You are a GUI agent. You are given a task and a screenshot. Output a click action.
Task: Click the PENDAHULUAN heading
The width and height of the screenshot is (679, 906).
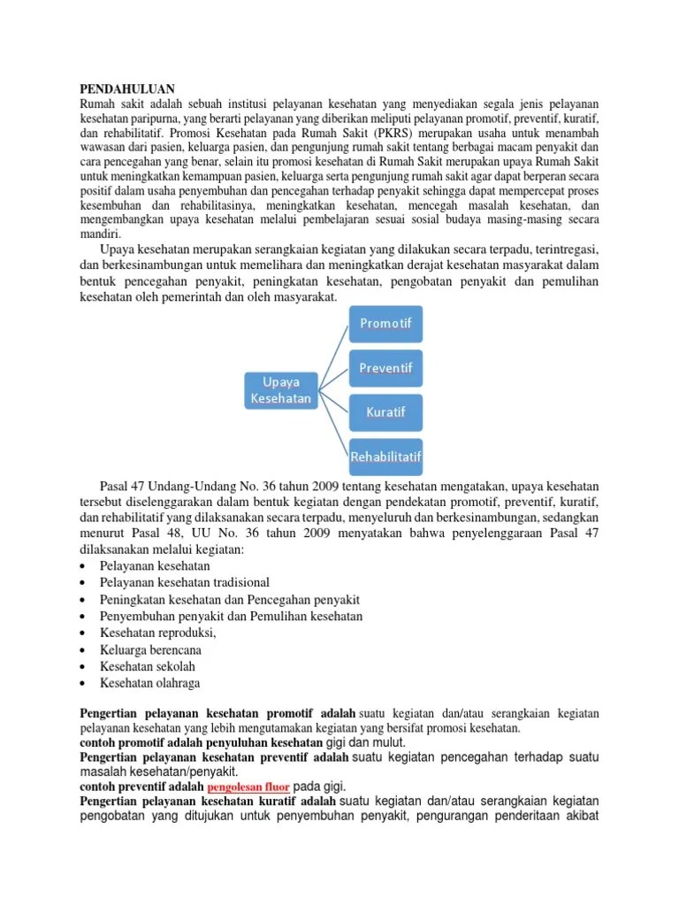(x=127, y=89)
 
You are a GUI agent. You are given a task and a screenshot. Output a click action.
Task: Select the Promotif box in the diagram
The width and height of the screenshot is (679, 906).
(x=385, y=323)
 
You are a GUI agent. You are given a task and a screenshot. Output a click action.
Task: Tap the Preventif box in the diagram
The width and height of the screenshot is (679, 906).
(x=385, y=367)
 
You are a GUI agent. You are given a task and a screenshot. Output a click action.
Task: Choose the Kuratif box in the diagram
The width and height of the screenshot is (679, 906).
(x=385, y=412)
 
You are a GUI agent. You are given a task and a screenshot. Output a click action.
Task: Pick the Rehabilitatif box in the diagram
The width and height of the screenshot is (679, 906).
(x=385, y=457)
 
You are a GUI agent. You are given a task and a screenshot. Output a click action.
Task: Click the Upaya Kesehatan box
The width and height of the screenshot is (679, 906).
(x=280, y=390)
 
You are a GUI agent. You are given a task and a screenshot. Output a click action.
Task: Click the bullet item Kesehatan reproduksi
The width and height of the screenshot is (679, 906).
(x=158, y=633)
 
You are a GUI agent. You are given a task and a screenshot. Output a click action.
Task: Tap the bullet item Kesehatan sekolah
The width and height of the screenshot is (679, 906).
(x=148, y=666)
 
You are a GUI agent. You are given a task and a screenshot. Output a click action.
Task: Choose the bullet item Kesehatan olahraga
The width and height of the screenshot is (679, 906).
(x=150, y=683)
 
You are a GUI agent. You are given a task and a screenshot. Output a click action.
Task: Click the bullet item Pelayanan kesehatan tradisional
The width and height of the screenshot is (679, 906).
(x=185, y=582)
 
